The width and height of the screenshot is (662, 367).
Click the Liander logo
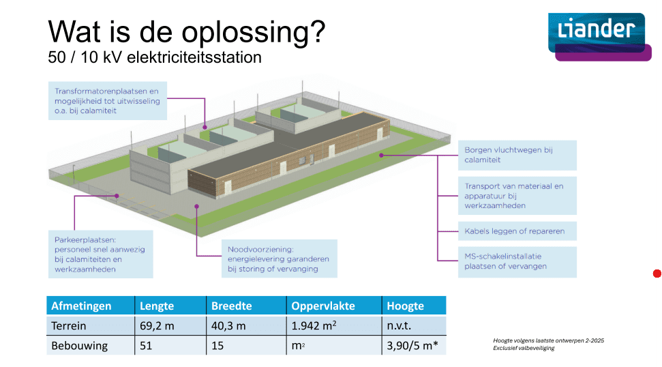click(599, 37)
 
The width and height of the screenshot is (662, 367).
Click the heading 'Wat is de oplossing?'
click(187, 31)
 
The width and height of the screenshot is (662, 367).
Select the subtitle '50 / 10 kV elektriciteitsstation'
click(155, 57)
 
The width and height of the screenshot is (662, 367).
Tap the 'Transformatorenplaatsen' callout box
click(108, 101)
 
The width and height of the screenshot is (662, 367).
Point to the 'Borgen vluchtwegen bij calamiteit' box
click(517, 155)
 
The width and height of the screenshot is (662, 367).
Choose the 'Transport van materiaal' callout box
click(517, 196)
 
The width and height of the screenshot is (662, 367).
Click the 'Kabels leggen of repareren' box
click(517, 231)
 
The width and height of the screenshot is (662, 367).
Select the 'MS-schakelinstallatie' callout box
click(517, 262)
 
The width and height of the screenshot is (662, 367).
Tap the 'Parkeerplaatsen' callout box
click(100, 254)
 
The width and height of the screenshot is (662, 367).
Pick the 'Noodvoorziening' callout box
click(280, 259)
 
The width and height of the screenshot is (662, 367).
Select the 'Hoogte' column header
click(414, 306)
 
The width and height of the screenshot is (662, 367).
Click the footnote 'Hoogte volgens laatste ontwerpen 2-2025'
click(548, 340)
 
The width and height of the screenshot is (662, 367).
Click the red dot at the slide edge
click(657, 274)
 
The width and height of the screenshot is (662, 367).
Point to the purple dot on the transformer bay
click(205, 127)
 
